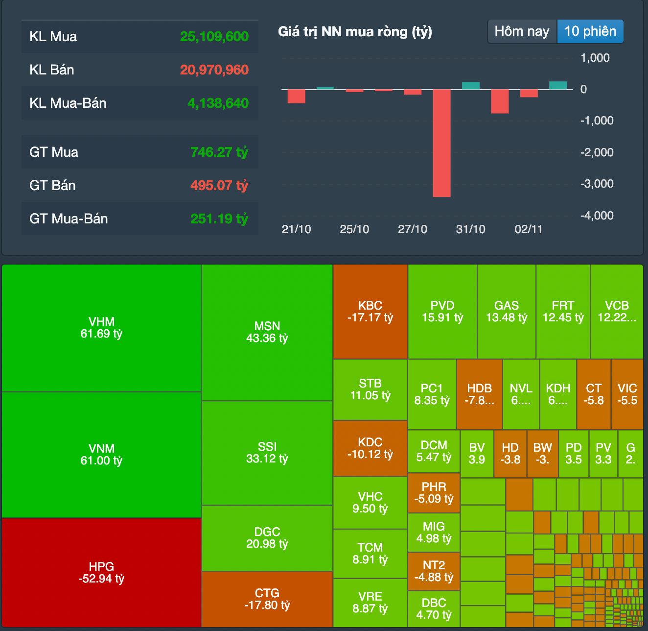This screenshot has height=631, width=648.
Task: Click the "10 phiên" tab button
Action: coord(590,31)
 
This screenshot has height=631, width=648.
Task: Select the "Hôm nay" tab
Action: coord(522,31)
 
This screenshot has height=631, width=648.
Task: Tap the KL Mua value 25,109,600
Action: coord(214,36)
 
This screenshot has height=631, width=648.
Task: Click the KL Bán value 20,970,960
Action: coord(214,70)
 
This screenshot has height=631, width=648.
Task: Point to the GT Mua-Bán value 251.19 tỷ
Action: coord(219,218)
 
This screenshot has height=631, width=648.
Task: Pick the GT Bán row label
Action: coord(52,185)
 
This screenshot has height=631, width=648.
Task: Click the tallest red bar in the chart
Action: coord(441,143)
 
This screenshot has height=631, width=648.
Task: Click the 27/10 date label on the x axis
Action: coord(412,229)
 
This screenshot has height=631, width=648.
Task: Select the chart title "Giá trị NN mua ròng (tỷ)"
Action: coord(355,32)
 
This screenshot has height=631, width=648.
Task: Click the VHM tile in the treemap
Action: coord(101,328)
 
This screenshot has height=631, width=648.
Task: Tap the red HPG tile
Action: coord(101,572)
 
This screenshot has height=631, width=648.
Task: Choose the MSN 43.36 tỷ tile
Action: coord(267,332)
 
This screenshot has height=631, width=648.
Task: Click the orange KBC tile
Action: coord(370,312)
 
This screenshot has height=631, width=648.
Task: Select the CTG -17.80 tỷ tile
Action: coord(267,599)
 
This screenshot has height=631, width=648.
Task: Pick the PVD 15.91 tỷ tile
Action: coord(442,312)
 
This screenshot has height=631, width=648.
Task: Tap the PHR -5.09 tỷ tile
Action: coord(434,493)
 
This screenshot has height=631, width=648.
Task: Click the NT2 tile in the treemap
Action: coord(434,571)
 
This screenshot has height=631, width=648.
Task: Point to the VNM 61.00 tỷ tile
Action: coord(101,455)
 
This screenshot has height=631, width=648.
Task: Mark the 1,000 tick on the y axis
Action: coord(595,58)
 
